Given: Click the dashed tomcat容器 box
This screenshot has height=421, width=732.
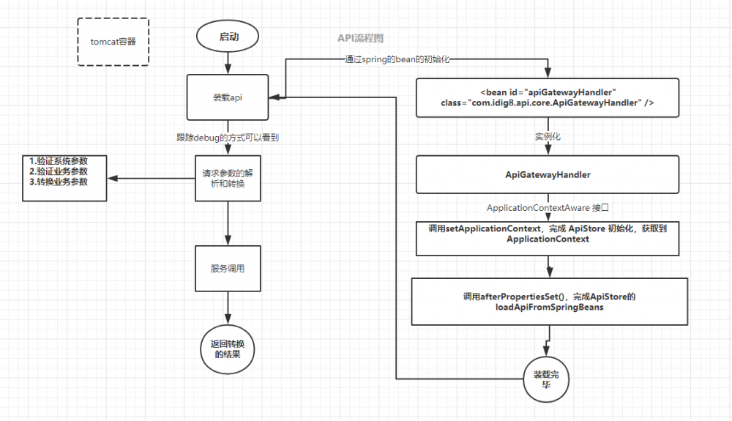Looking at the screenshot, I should [x=113, y=42].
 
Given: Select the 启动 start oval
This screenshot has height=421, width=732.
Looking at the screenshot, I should [x=228, y=37].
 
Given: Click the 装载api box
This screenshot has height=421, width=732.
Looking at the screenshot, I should [x=228, y=97].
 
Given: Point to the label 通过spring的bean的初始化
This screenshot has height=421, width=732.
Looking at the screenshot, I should [x=396, y=60].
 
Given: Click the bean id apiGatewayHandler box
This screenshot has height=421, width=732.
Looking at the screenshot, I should [x=548, y=97].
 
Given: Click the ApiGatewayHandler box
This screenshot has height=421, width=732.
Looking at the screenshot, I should [x=548, y=175].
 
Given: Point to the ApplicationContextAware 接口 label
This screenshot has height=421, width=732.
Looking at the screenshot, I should [x=548, y=208].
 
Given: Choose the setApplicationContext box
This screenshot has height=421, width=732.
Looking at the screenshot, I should [x=548, y=235].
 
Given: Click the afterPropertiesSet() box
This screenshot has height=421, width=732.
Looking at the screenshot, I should [x=549, y=302].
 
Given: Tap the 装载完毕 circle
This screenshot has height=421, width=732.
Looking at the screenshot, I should [x=545, y=379].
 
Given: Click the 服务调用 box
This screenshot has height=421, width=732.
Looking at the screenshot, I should [x=228, y=269].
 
